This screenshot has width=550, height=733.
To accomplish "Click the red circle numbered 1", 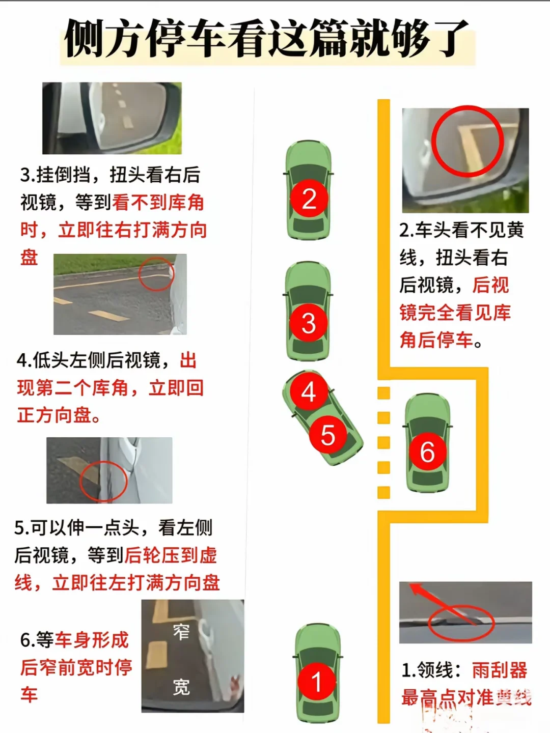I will [317, 682].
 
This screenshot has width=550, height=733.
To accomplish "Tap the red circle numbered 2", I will [309, 199].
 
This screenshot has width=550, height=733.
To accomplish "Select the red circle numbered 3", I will [308, 323].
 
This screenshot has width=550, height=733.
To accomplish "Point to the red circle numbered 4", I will [309, 392].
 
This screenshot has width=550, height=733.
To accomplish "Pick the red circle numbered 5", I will [327, 435].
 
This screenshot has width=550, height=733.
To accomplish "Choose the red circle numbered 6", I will [427, 452].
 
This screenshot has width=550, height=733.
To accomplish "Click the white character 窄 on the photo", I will [181, 632].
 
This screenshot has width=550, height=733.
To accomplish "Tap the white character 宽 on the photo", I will [181, 687].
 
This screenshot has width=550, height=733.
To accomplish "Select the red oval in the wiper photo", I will [461, 622].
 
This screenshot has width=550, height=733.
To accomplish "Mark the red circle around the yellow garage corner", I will [468, 141].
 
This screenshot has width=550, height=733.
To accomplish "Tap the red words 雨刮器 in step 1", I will [499, 670].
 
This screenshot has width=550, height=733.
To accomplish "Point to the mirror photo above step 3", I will [112, 118].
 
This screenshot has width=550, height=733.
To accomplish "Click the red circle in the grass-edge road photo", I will [156, 274].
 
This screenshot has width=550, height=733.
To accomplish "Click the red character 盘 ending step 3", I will [29, 257].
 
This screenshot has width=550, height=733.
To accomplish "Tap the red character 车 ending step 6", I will [29, 695].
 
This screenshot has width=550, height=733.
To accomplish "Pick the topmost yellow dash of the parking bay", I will [383, 393].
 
